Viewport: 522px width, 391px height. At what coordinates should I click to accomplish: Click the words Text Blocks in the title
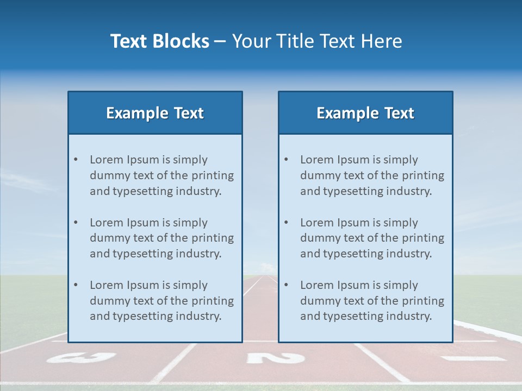pos(159,41)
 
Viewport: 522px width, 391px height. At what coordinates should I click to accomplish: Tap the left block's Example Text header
pos(155,113)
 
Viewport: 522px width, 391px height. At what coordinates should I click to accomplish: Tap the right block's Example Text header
pos(365,113)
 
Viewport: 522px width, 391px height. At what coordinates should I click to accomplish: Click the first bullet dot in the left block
pos(76,160)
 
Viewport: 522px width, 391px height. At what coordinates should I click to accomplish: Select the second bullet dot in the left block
pos(76,223)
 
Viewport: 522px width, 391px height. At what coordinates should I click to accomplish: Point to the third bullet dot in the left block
pos(76,285)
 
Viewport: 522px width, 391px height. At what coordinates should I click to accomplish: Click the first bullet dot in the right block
pos(286,160)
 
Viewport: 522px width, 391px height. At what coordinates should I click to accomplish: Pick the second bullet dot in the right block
pos(286,223)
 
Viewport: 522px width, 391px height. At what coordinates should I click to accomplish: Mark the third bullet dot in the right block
pos(286,285)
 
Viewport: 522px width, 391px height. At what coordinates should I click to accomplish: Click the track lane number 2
pos(275,358)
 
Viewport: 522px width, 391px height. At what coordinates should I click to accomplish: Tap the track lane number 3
pos(81,358)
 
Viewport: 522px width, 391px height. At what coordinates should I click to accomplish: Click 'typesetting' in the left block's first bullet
pos(141,191)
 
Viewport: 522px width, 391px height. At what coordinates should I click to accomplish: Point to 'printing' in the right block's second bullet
pos(422,238)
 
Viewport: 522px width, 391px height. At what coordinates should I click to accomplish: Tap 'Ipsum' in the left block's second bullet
pos(144,223)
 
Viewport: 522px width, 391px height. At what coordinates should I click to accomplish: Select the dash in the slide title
pos(220,42)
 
